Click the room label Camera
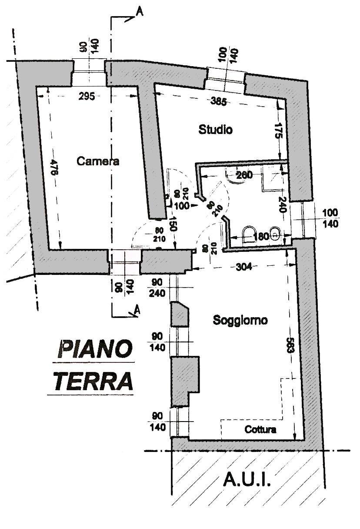[98, 161]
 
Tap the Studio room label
[216, 129]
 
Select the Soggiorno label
[240, 321]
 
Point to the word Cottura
[260, 430]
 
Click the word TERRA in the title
[93, 381]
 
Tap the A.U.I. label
[247, 480]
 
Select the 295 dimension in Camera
[87, 97]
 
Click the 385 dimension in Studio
[218, 102]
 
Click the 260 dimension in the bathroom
[244, 175]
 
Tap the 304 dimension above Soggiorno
[244, 267]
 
